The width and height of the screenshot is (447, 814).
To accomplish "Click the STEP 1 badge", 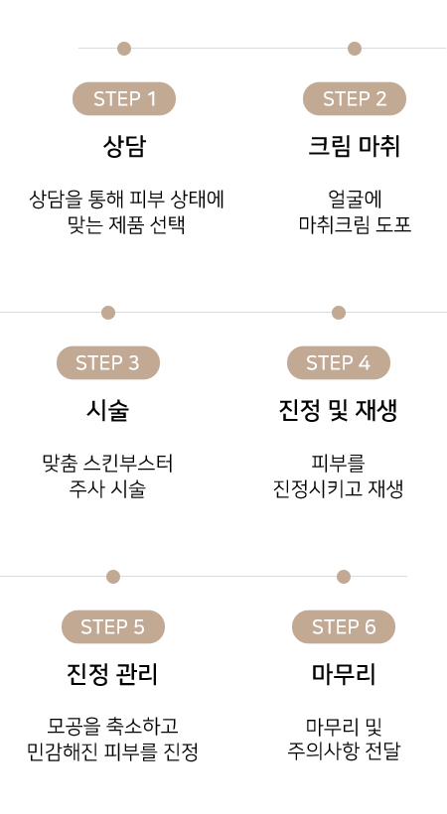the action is pyautogui.click(x=124, y=98).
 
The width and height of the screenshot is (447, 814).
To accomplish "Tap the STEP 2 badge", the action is pyautogui.click(x=355, y=98).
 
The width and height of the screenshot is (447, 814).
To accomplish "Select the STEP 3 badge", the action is pyautogui.click(x=108, y=363).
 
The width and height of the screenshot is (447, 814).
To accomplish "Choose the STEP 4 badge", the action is pyautogui.click(x=339, y=363).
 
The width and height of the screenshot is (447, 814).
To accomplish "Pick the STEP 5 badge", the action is pyautogui.click(x=113, y=626).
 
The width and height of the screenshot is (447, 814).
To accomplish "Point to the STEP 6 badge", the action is pyautogui.click(x=344, y=626).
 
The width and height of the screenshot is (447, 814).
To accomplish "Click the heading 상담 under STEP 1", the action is pyautogui.click(x=124, y=146).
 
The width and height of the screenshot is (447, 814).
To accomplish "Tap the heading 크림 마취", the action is pyautogui.click(x=355, y=146).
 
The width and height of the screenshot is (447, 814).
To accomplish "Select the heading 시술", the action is pyautogui.click(x=107, y=411).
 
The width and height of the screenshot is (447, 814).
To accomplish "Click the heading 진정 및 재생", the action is pyautogui.click(x=339, y=411).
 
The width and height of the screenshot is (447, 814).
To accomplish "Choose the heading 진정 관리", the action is pyautogui.click(x=112, y=674).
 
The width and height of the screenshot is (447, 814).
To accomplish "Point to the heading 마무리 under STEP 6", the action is pyautogui.click(x=344, y=674).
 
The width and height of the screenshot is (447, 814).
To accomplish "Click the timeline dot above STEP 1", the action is pyautogui.click(x=124, y=49).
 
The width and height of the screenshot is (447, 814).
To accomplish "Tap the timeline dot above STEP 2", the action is pyautogui.click(x=355, y=49).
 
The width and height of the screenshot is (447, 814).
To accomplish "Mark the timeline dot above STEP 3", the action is pyautogui.click(x=108, y=313).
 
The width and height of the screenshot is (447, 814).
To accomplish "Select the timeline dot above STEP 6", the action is pyautogui.click(x=344, y=577).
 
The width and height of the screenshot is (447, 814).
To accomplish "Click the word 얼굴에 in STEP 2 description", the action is pyautogui.click(x=355, y=199).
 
